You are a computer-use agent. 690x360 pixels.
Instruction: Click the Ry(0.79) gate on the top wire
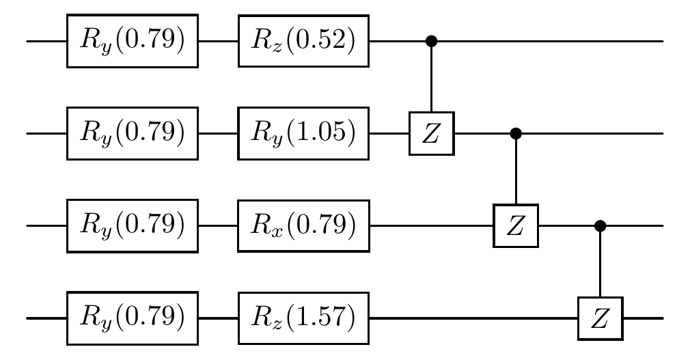[x=132, y=41]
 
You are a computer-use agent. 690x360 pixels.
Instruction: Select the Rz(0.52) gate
[x=303, y=41]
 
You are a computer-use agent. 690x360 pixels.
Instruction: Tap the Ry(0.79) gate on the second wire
[x=132, y=133]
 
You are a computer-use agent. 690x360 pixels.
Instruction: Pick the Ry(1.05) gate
[x=303, y=133]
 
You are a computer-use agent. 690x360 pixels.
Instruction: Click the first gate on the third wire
[x=132, y=225]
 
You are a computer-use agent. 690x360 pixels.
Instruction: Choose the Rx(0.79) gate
[x=303, y=225]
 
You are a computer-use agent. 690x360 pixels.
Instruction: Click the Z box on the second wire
[x=430, y=133]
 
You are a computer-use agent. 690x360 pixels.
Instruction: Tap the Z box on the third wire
[x=516, y=225]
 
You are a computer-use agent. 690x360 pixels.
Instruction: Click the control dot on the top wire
[x=430, y=41]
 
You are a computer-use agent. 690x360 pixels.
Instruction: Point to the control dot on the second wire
[x=516, y=133]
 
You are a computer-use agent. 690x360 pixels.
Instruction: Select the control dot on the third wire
[x=601, y=225]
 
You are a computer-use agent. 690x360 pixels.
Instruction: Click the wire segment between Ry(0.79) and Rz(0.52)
[x=217, y=41]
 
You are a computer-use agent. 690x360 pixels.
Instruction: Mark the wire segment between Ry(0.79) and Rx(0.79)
[x=217, y=225]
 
